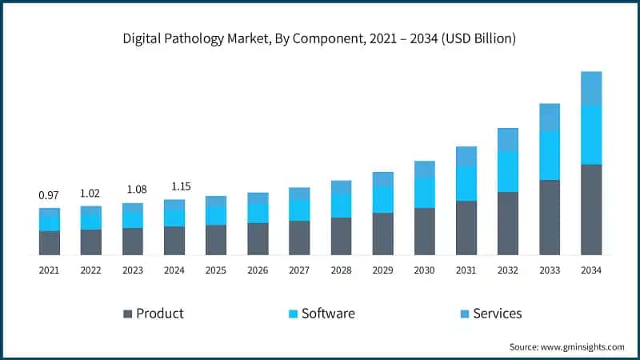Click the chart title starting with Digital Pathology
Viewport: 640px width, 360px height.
coord(319,38)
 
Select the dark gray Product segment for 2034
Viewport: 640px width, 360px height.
coord(590,210)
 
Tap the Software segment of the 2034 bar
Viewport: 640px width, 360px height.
coord(590,134)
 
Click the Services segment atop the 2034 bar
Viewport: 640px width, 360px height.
coord(590,88)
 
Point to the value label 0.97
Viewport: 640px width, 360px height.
coord(49,195)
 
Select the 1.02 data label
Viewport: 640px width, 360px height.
coord(90,193)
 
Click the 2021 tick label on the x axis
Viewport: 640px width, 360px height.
coord(49,270)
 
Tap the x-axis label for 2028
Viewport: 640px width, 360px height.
coord(341,270)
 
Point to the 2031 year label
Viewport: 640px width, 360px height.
coord(466,270)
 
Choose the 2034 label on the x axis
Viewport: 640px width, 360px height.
coord(590,270)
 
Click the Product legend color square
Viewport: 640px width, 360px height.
coord(127,314)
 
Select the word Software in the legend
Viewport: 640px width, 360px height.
coord(328,314)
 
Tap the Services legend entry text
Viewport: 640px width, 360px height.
coord(497,314)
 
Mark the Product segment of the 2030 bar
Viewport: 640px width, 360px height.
coord(424,231)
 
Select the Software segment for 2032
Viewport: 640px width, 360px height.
coord(507,171)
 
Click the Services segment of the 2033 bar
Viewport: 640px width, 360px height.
coord(549,118)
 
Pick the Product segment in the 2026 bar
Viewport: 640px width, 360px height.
coord(258,238)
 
